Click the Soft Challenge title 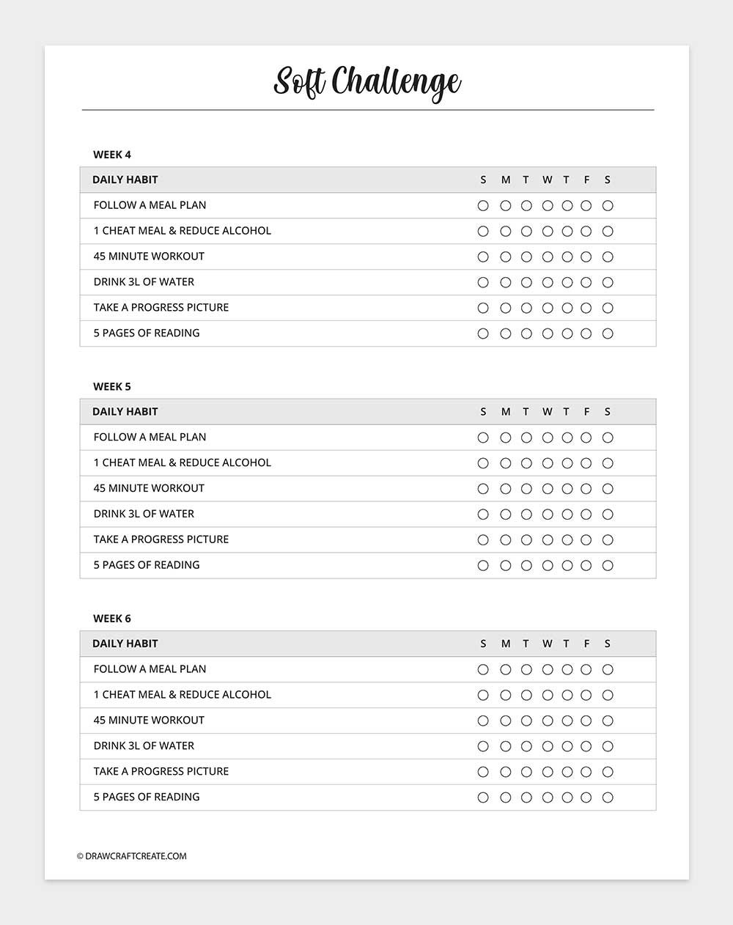point(366,82)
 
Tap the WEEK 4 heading point(112,155)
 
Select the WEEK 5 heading point(112,386)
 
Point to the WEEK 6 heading point(112,619)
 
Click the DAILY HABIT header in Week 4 point(125,180)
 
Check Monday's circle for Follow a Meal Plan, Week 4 point(505,206)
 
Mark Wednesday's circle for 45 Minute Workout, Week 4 point(548,257)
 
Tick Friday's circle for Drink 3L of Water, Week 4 point(586,283)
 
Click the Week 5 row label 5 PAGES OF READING point(147,565)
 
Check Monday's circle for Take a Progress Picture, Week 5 point(505,540)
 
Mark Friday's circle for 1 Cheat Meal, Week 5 point(586,463)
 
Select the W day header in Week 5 point(548,412)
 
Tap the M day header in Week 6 point(506,644)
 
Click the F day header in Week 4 point(586,180)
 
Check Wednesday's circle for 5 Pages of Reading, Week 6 point(548,797)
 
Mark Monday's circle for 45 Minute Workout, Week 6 point(505,721)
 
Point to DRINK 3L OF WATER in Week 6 point(144,746)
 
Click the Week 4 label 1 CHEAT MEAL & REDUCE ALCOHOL point(183,231)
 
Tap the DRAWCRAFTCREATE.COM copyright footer point(132,856)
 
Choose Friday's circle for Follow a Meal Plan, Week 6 point(586,670)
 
